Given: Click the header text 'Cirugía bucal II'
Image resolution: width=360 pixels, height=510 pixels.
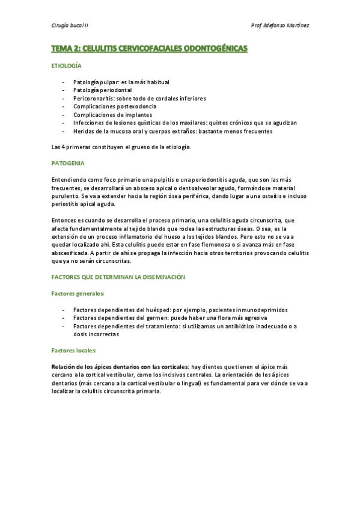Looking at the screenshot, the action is pos(70,25).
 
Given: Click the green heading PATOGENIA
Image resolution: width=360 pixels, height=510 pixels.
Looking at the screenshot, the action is pos(68,163).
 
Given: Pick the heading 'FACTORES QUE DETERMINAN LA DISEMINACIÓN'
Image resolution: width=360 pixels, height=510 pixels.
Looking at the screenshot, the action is pos(118,277).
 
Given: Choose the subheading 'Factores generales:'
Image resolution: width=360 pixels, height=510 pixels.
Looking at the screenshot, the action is pos(78,293).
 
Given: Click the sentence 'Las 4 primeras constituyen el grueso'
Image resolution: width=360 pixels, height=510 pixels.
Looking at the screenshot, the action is pos(120,147).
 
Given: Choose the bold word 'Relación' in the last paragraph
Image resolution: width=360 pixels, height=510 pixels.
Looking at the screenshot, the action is pos(64,366).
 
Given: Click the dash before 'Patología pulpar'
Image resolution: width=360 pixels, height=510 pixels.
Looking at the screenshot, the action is pos(64,82).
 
